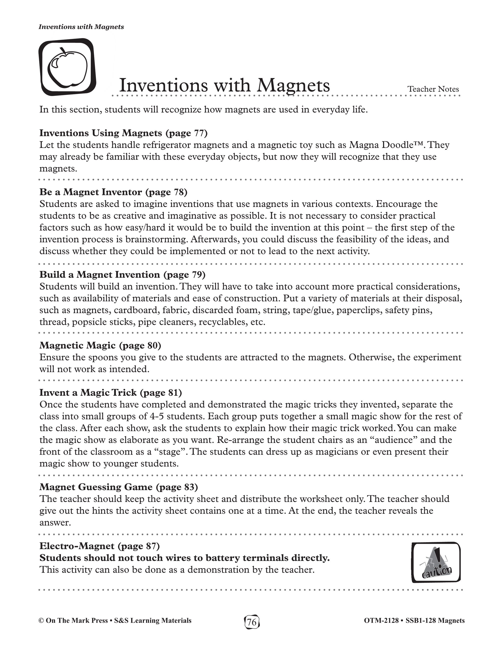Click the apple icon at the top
coord(67,67)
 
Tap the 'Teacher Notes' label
coord(433,89)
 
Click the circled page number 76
coord(252,621)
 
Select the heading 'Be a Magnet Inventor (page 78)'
coord(113,192)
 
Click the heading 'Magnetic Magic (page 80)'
coord(100,345)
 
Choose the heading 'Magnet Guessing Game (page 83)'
coord(118,487)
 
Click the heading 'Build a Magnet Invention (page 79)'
coord(122,275)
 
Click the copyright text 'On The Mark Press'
coord(77,621)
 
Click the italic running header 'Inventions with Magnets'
coord(81,27)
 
